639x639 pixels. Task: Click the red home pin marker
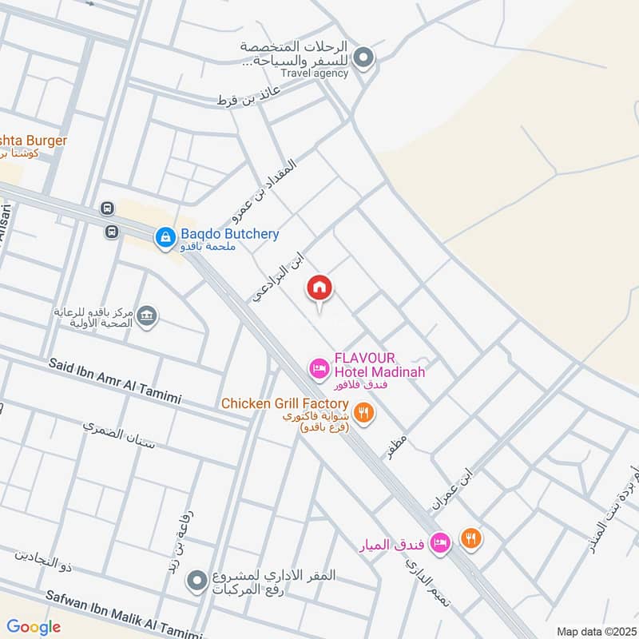[x=319, y=289]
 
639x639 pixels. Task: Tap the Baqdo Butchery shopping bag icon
[x=165, y=236]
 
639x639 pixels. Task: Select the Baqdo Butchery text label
[x=229, y=234]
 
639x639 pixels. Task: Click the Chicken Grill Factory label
[x=285, y=404]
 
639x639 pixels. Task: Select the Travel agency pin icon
[x=364, y=58]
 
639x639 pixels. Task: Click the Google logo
[x=34, y=627]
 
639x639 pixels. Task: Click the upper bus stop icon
[x=107, y=208]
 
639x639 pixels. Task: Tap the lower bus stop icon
[x=109, y=232]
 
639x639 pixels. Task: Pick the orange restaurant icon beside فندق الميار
[x=471, y=539]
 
